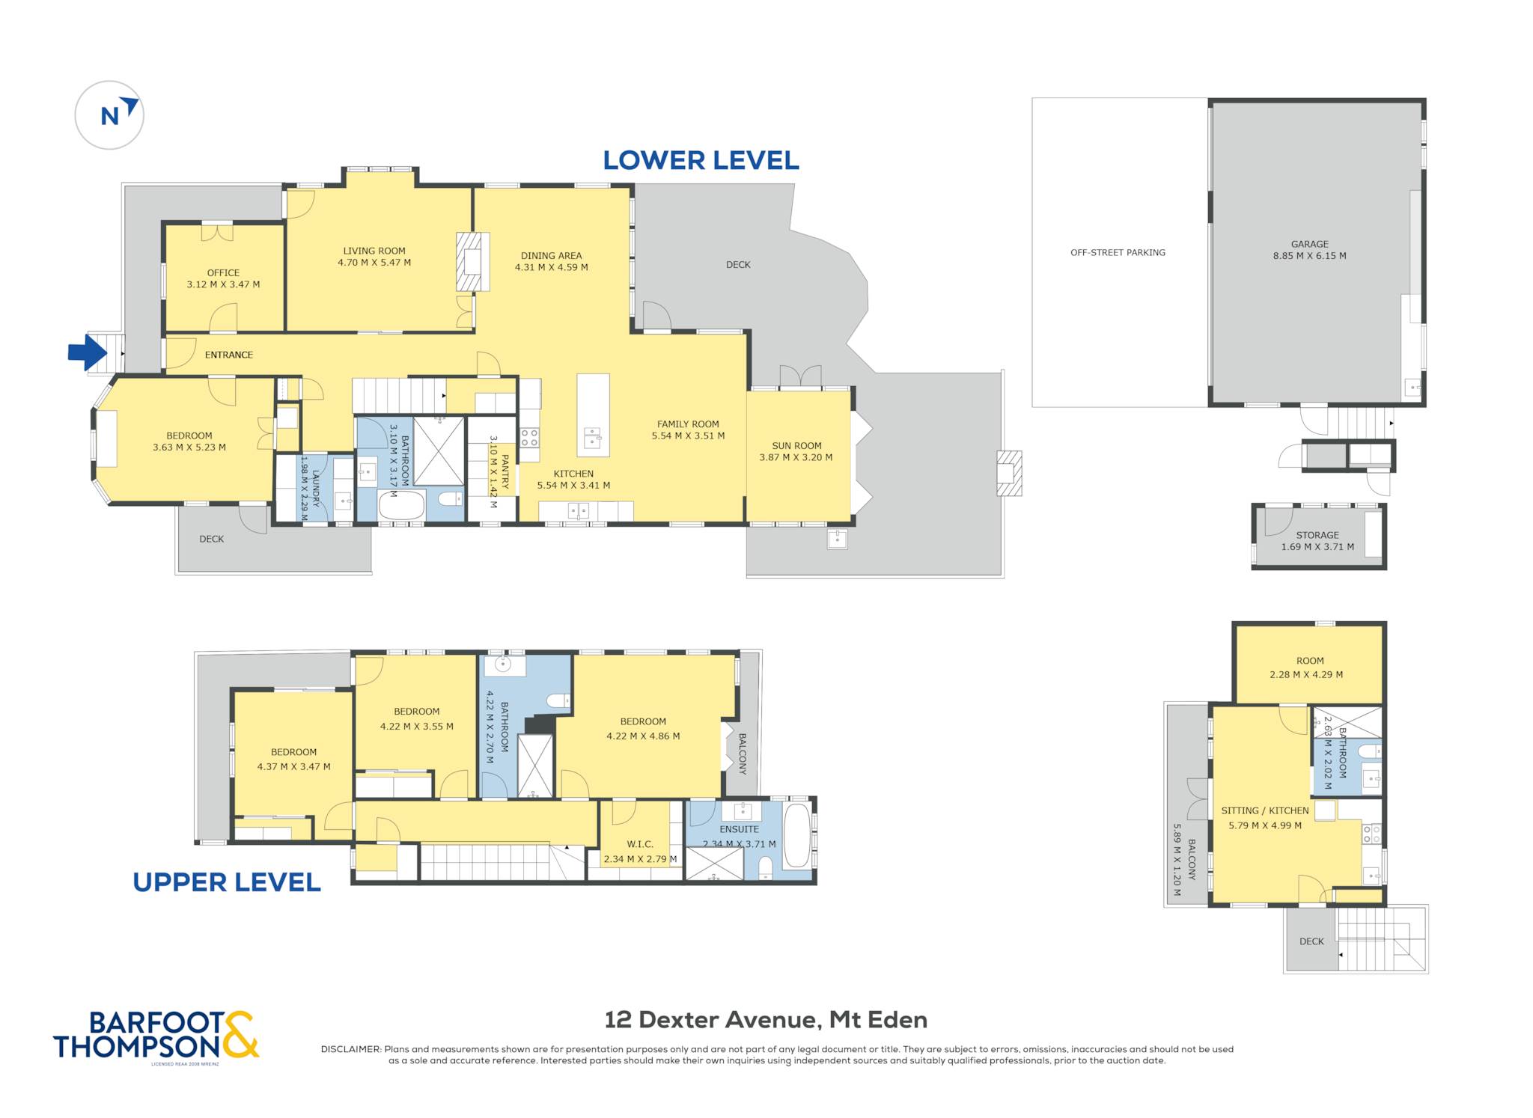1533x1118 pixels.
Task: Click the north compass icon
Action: tap(109, 115)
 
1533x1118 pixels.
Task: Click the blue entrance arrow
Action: tap(88, 352)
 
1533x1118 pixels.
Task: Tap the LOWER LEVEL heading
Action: tap(701, 160)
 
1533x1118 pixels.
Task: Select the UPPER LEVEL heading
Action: tap(227, 882)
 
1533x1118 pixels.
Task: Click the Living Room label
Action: tap(374, 251)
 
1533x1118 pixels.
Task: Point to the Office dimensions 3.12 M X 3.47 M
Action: tap(223, 284)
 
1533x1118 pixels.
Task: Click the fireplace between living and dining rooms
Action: tap(473, 261)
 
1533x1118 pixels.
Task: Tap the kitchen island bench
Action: tap(593, 415)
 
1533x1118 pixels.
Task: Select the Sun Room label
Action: tap(796, 446)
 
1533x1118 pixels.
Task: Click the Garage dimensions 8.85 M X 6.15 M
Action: tap(1309, 256)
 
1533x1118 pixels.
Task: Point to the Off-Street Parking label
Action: tap(1118, 253)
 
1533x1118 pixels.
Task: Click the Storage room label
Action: tap(1317, 535)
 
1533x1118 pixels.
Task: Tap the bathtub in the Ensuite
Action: tap(797, 836)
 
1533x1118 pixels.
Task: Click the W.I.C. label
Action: tap(640, 844)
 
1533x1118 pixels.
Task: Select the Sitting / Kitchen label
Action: tap(1265, 810)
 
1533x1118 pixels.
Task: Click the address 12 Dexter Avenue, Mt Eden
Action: tap(766, 1019)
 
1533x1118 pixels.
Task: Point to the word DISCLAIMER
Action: tap(350, 1049)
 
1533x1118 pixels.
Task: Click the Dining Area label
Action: tap(551, 256)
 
